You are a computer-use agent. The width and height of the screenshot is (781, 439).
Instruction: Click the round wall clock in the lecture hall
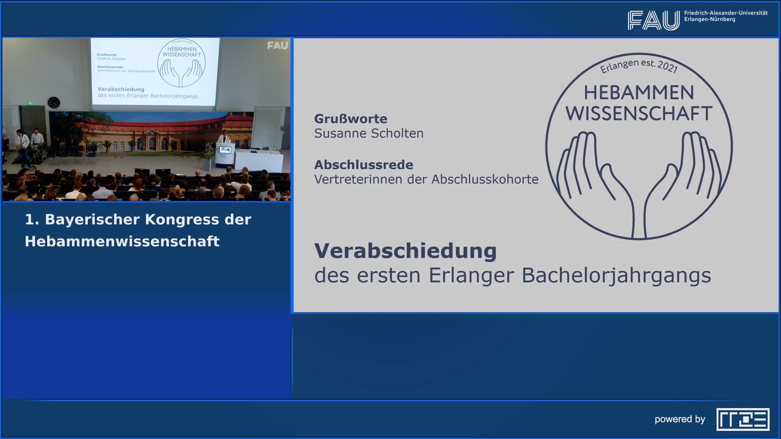(x=54, y=102)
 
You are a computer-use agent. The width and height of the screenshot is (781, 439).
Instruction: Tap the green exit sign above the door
(x=30, y=103)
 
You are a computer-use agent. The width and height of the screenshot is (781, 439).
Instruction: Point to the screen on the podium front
(x=225, y=150)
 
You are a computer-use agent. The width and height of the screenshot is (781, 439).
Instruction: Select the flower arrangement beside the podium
(x=208, y=154)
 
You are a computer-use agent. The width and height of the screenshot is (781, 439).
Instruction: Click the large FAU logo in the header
(x=653, y=20)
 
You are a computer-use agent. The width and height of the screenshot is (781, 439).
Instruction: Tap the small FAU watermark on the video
(x=277, y=46)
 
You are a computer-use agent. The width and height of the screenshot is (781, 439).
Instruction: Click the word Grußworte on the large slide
(x=351, y=119)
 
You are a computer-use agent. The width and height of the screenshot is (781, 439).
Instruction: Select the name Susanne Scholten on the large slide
(x=369, y=133)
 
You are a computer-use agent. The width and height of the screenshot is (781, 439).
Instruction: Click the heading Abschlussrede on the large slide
(x=364, y=165)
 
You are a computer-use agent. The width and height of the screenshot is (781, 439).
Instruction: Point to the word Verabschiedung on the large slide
(x=406, y=251)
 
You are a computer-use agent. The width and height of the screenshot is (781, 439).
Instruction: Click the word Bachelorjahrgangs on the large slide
(x=616, y=275)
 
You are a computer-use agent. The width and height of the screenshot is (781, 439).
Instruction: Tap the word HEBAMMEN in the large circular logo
(x=639, y=93)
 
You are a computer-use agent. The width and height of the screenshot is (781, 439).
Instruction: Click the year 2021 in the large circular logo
(x=667, y=66)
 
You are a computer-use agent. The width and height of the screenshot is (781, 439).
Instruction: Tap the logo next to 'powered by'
(x=743, y=419)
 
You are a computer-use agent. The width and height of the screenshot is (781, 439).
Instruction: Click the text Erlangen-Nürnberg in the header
(x=709, y=20)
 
